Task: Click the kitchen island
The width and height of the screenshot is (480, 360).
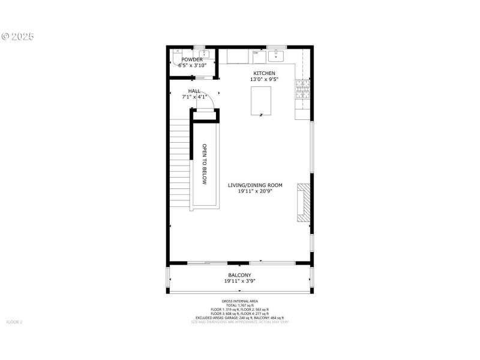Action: point(261,100)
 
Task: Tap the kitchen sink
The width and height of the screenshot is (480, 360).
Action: point(276,56)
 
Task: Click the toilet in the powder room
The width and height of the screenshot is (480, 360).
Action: point(178,58)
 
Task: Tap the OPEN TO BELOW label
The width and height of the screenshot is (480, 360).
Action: point(205,164)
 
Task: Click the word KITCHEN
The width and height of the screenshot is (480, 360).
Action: point(263,73)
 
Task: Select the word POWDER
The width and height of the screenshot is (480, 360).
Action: point(192,60)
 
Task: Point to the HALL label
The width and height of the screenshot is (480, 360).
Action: point(194,91)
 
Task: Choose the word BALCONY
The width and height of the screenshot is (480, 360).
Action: point(239,275)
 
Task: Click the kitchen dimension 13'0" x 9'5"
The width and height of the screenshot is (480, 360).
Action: point(263,79)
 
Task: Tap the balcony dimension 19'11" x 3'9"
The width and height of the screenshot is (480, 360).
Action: point(239,281)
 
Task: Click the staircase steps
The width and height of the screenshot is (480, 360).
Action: point(180,156)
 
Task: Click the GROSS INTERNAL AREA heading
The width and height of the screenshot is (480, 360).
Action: point(239,302)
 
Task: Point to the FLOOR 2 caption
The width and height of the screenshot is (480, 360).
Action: point(14,322)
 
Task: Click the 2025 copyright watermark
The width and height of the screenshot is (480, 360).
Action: point(18,36)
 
